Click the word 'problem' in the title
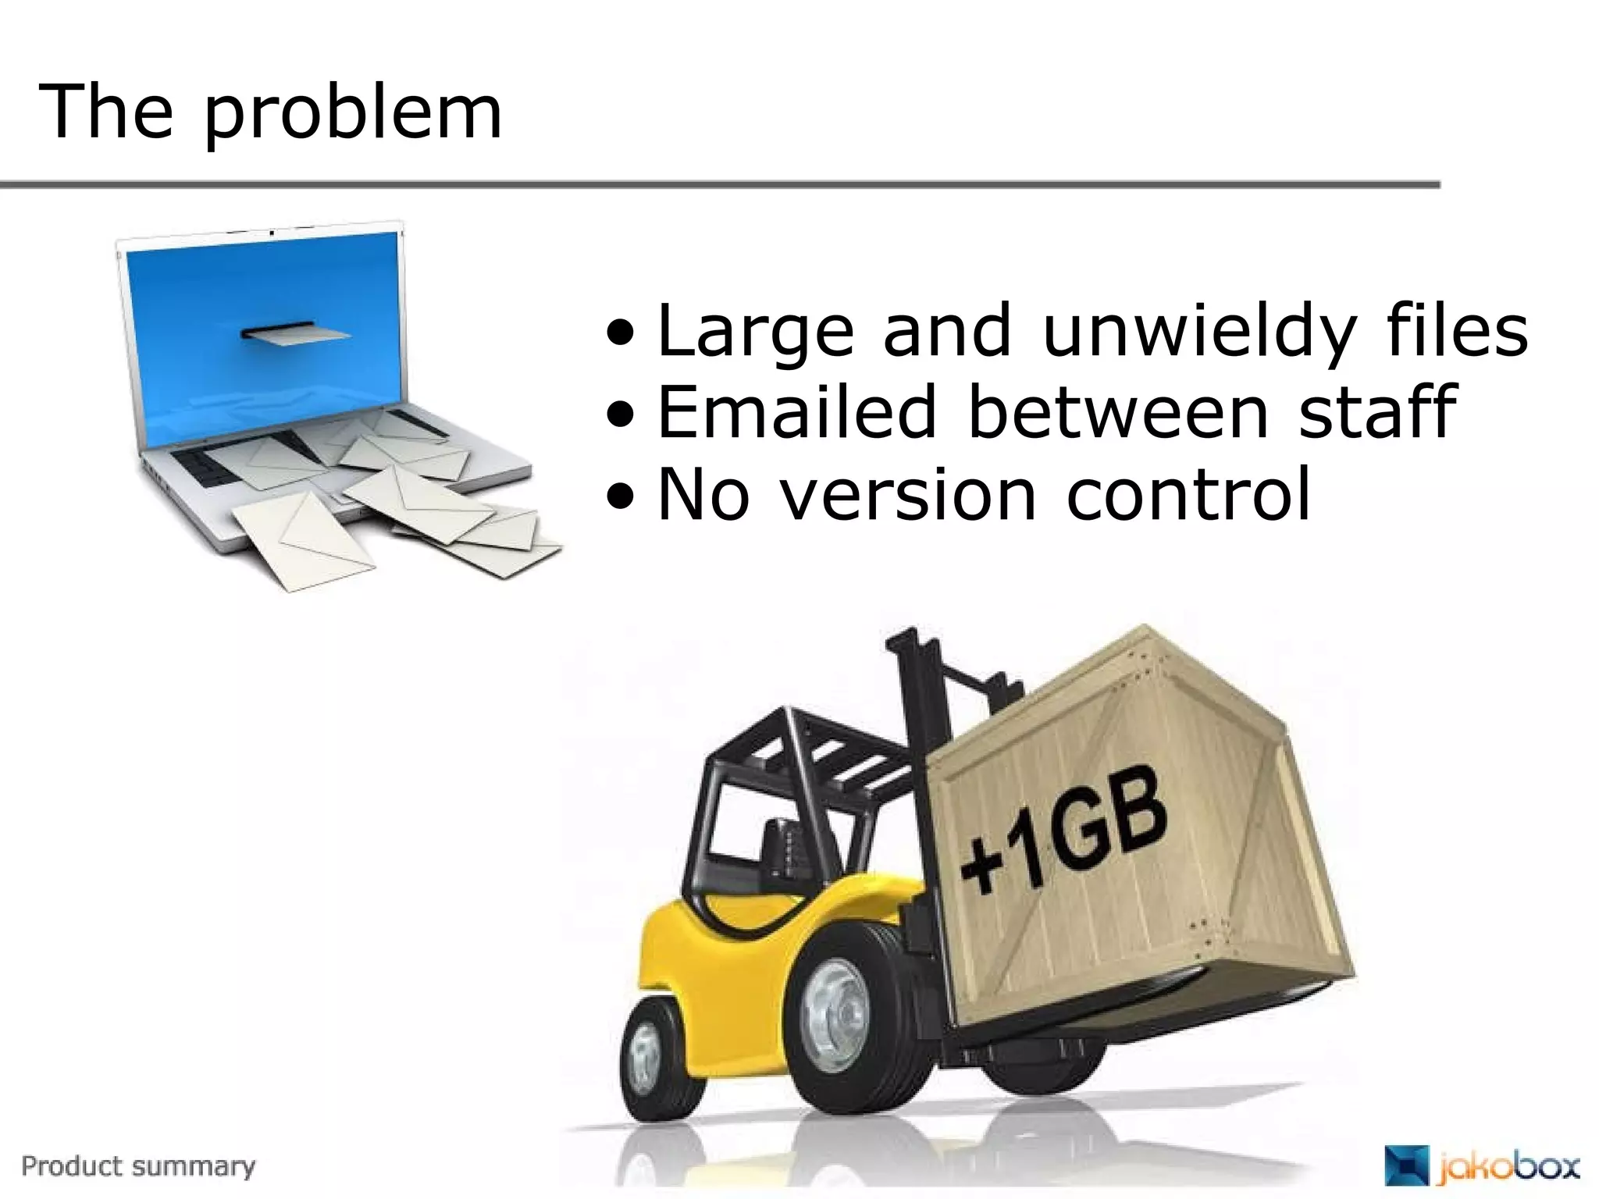coord(354,116)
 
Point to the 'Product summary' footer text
coord(138,1166)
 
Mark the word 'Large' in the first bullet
coord(756,332)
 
